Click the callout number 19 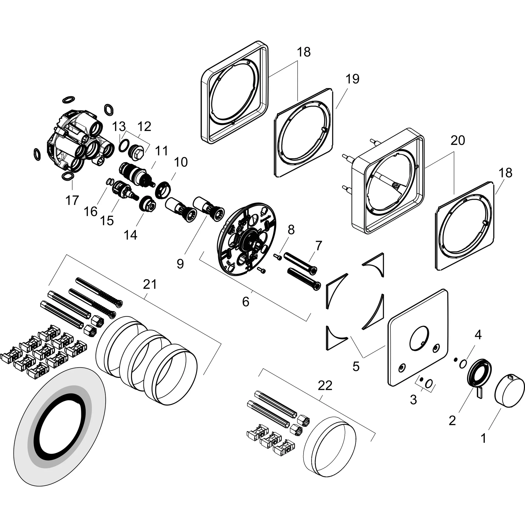tap(352, 79)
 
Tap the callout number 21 tap(150, 285)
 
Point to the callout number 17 tap(72, 200)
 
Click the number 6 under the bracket tap(245, 301)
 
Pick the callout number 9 tap(180, 263)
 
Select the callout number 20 tap(458, 140)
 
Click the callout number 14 tap(130, 235)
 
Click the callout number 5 tap(356, 367)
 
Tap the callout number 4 tap(478, 335)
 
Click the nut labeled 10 tap(163, 189)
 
